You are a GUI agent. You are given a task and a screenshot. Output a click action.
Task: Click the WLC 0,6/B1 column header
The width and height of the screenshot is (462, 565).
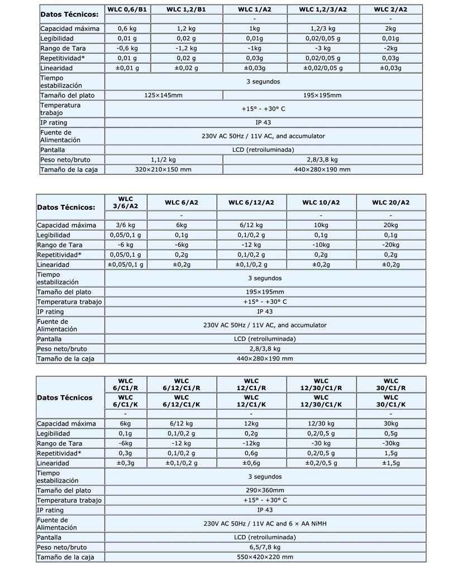click(127, 9)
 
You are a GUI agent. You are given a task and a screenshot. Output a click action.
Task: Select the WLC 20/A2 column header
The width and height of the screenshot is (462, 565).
click(390, 203)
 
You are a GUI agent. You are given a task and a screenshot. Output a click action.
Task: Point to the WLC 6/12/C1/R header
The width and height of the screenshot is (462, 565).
click(181, 385)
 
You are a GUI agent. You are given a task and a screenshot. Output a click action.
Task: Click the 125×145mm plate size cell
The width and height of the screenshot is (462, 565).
click(163, 95)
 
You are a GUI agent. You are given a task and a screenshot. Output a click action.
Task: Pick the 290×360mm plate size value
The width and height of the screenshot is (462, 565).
click(265, 490)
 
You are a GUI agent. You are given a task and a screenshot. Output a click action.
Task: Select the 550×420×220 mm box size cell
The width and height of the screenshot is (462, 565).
click(265, 557)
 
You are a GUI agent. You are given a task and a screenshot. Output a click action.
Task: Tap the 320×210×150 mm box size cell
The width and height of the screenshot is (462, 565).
click(163, 169)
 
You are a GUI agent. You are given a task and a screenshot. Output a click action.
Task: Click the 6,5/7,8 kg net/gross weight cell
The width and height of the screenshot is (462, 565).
click(265, 547)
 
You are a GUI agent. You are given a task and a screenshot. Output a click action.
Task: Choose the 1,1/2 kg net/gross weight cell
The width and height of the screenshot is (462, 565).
click(163, 159)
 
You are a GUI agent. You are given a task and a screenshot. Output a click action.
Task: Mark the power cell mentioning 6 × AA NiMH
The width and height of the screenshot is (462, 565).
click(265, 524)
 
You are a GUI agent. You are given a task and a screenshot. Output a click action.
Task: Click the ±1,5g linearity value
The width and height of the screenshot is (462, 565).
click(391, 463)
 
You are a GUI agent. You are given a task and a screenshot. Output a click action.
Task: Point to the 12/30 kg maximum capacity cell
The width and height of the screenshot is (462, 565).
click(321, 423)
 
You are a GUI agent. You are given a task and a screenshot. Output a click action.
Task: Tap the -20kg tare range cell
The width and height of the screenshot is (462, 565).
click(390, 245)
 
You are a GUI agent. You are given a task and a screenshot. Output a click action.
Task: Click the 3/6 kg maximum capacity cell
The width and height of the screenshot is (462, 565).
click(125, 225)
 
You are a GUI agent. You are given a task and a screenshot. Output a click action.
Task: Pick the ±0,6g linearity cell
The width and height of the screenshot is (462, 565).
click(251, 463)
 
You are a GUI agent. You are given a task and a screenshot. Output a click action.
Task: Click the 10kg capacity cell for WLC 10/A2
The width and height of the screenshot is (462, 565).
click(321, 225)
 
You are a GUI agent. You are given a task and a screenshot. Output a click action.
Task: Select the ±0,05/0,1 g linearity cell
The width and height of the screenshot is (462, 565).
click(125, 265)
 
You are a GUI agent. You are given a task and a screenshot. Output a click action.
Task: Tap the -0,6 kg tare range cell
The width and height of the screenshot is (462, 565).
click(127, 48)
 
